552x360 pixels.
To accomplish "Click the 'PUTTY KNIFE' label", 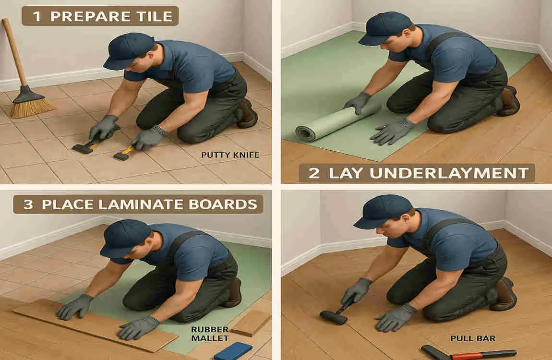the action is (230, 155).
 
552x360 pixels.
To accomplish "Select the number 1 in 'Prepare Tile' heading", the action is (36, 16).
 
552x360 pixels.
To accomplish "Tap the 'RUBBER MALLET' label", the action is (210, 334).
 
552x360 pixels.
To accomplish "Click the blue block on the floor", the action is (233, 351).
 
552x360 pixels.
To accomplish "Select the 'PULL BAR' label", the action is (473, 338).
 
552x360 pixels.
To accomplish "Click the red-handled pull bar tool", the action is (468, 353).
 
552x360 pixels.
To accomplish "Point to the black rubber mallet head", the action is (333, 317).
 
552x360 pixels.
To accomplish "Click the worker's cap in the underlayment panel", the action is (384, 28).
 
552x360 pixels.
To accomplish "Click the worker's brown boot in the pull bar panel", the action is (504, 294).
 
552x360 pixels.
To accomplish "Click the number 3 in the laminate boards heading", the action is (28, 205).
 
